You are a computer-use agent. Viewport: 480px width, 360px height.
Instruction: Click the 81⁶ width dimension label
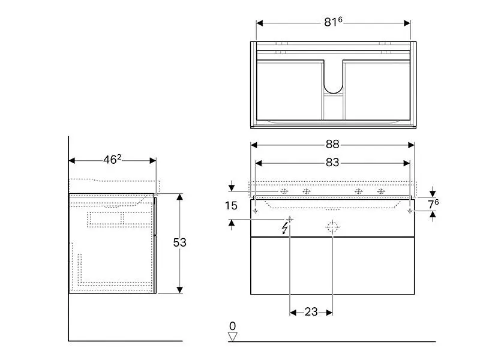tap(333, 22)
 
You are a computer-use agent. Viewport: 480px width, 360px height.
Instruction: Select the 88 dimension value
tap(332, 144)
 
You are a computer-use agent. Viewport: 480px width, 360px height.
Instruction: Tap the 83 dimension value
tap(332, 162)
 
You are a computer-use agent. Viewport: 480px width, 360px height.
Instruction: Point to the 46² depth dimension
tap(112, 160)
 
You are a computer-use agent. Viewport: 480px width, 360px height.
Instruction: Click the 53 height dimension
tap(179, 242)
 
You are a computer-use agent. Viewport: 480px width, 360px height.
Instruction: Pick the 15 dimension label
tap(231, 206)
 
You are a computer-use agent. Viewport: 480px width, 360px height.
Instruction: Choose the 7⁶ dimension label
tap(433, 204)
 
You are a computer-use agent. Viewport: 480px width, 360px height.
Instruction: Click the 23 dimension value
tap(311, 312)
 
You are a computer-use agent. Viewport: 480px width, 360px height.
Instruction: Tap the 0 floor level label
tap(233, 326)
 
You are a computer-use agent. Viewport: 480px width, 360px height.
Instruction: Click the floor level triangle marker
tap(233, 337)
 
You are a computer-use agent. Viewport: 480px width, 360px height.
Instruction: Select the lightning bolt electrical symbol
tap(286, 228)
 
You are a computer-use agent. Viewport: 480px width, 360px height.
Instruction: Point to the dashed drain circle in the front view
tap(332, 227)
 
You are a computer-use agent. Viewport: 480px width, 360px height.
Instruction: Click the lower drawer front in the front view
tap(332, 266)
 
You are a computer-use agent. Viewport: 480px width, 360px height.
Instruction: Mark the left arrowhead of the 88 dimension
tap(254, 145)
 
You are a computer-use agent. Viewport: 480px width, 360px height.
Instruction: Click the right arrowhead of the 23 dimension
tap(329, 313)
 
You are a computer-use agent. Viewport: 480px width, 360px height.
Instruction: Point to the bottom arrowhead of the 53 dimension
tap(180, 290)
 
